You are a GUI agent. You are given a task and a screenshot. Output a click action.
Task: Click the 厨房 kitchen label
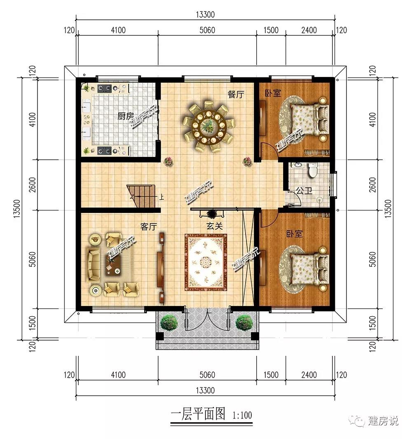(126, 116)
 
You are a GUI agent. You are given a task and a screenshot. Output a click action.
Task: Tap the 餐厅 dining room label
(236, 94)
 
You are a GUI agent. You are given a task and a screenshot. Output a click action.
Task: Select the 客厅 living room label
(148, 226)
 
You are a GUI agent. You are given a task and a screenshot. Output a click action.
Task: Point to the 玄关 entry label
(215, 226)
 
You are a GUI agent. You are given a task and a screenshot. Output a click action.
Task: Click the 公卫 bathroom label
(304, 191)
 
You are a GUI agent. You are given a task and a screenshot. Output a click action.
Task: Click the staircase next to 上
(141, 196)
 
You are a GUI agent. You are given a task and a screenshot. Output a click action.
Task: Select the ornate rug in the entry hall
(206, 262)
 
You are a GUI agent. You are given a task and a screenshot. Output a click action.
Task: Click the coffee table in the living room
(114, 265)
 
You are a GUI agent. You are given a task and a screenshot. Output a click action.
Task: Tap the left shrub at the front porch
(169, 322)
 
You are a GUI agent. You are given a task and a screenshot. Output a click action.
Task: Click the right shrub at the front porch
(244, 322)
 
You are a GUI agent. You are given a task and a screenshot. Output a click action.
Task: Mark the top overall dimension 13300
(205, 14)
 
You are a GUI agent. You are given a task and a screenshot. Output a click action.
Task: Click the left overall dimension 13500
(17, 209)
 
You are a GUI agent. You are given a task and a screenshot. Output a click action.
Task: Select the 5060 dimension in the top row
(207, 30)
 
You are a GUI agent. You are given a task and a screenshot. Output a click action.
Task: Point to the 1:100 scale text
(242, 415)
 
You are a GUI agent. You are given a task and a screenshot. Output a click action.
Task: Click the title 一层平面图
(198, 414)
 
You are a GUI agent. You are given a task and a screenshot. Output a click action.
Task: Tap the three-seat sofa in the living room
(94, 264)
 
